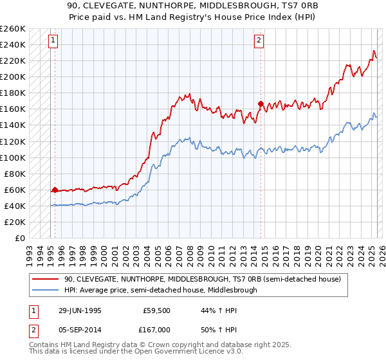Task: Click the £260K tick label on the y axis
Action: click(13, 29)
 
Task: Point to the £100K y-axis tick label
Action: click(13, 157)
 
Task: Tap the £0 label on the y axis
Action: click(21, 239)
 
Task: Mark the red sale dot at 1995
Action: click(55, 190)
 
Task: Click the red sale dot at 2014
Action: click(261, 103)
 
